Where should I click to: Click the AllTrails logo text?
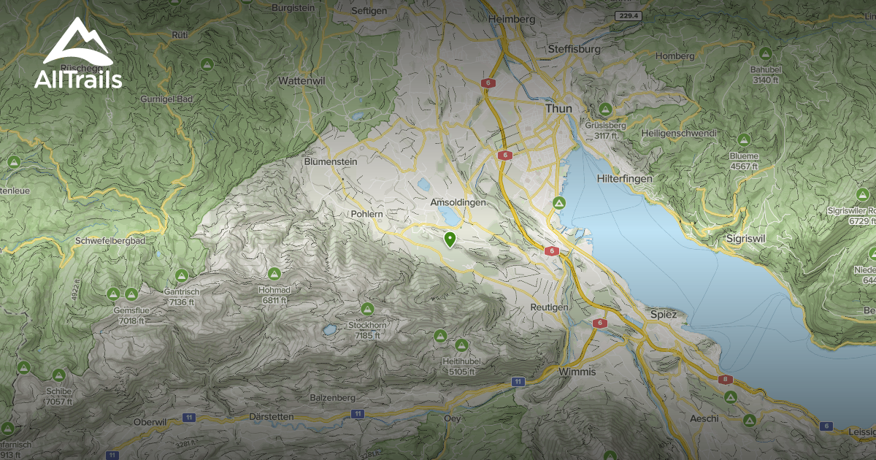(77, 79)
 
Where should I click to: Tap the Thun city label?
(558, 109)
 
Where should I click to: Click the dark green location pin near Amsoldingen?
(450, 239)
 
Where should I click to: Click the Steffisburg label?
(573, 49)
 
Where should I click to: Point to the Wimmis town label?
(577, 372)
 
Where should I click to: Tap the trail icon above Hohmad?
(274, 274)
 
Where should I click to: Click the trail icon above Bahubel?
(765, 53)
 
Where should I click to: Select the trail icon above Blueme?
(744, 139)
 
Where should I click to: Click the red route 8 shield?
(725, 379)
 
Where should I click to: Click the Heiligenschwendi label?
(678, 134)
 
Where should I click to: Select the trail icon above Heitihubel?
(461, 345)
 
